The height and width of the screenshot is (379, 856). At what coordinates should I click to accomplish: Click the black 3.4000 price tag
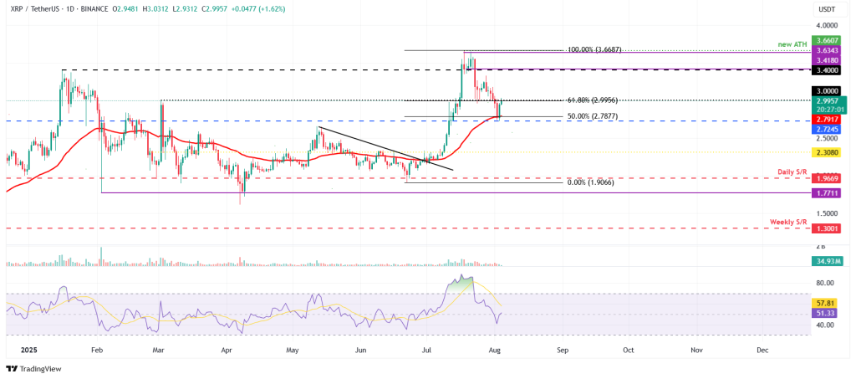[827, 71]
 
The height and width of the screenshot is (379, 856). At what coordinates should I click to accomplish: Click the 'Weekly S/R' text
[788, 221]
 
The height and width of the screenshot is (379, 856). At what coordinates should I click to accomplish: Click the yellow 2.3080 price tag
[827, 153]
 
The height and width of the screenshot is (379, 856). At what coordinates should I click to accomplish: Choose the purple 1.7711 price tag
[827, 192]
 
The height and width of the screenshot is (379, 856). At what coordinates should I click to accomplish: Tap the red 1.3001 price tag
[827, 228]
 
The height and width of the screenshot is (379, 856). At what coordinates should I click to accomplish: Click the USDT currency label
[826, 9]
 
